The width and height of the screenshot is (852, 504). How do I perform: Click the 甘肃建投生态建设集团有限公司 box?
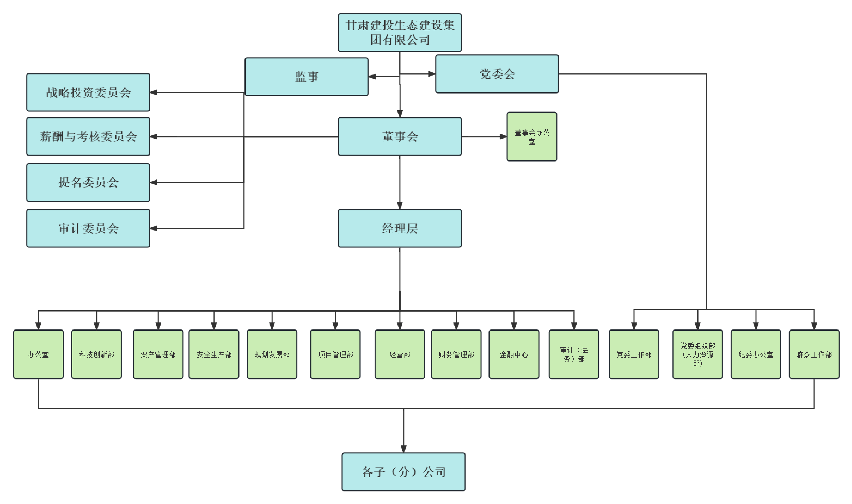(400, 33)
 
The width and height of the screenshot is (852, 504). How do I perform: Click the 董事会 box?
(400, 136)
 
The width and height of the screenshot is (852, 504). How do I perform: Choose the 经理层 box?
(400, 228)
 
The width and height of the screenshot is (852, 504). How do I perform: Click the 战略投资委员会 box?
(88, 92)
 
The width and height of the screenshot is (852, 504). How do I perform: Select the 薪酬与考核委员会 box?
(88, 136)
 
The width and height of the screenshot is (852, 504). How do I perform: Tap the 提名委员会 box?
(88, 182)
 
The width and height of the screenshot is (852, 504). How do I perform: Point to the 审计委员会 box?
(88, 228)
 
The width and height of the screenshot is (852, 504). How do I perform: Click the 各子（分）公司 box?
(403, 472)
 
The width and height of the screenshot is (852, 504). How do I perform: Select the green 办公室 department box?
(38, 354)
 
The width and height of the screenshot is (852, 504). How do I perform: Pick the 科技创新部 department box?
(97, 354)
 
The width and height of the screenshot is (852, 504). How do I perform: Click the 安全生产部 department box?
(214, 354)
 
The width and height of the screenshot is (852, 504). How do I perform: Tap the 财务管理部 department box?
(456, 354)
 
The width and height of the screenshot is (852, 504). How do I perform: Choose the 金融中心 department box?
(514, 354)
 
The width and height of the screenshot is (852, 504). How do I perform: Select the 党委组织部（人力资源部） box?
(698, 354)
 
